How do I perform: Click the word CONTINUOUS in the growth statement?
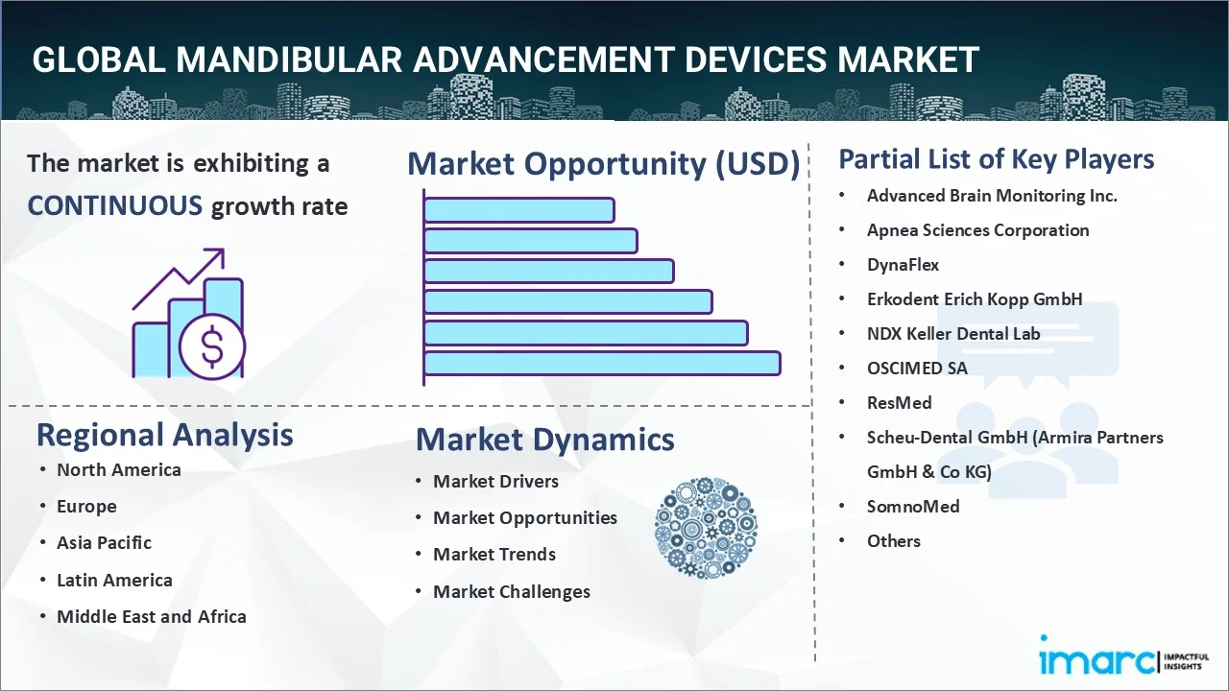click(114, 205)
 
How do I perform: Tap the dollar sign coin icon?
click(212, 347)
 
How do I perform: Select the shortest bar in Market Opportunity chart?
click(518, 209)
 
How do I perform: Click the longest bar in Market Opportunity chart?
click(601, 363)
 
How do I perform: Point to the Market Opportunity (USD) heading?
click(603, 164)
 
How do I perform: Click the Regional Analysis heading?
click(164, 435)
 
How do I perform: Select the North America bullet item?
click(118, 469)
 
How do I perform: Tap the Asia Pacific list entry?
click(104, 542)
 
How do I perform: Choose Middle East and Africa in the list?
click(151, 616)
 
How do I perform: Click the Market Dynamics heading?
click(544, 440)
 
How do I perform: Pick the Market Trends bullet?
click(494, 554)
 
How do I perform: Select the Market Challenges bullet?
click(511, 591)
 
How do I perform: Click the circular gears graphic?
click(706, 528)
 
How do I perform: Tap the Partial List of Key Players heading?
click(996, 158)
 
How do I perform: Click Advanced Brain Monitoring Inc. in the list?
click(992, 195)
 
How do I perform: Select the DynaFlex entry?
click(903, 264)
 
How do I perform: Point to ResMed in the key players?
click(899, 402)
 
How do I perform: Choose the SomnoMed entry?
click(912, 506)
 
